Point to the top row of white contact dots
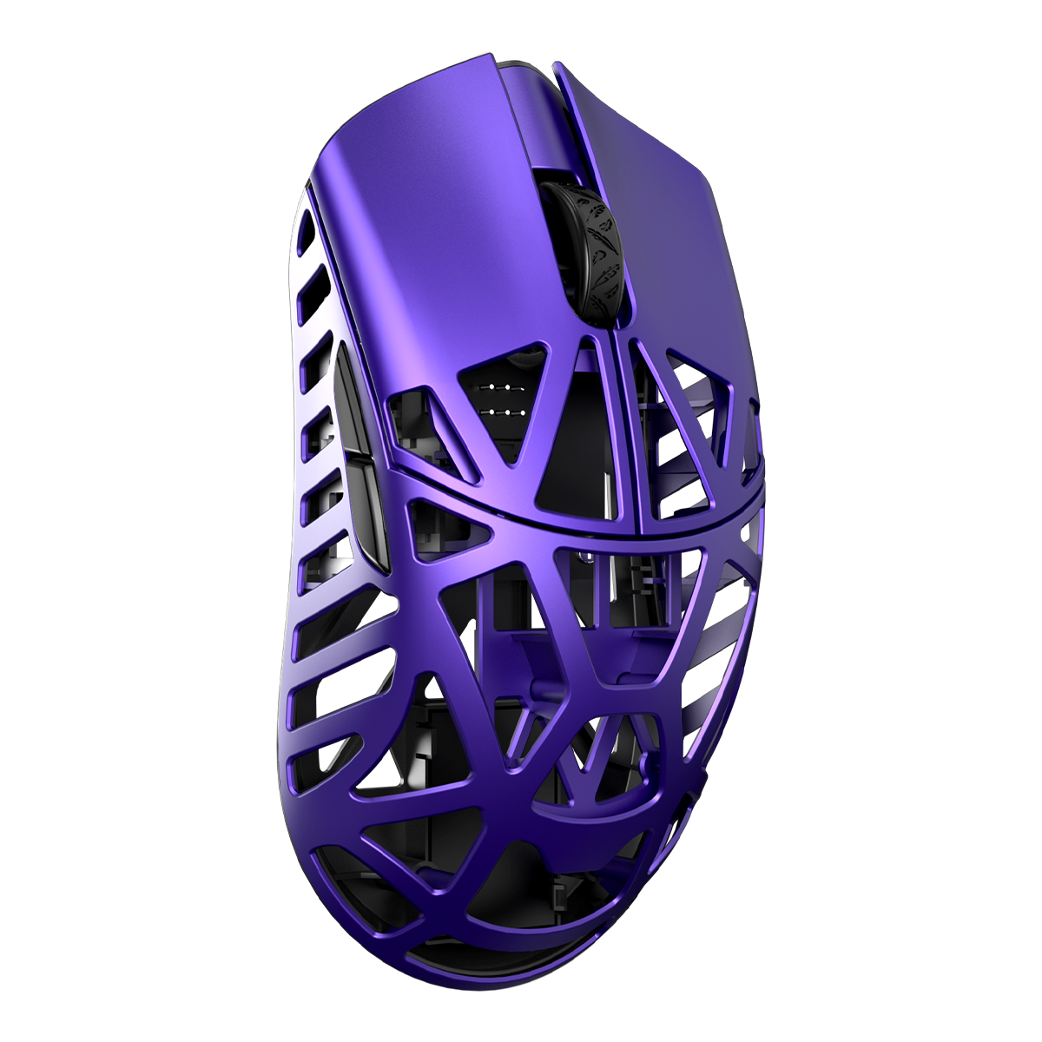tap(498, 386)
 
